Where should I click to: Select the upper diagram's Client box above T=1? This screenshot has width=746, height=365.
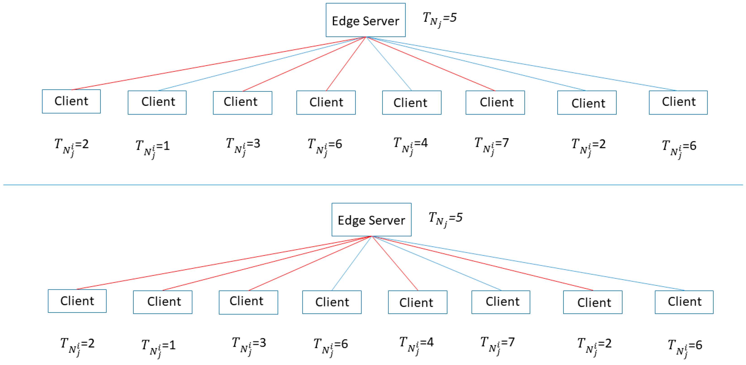click(x=157, y=102)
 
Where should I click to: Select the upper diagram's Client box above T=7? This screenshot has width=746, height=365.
click(x=495, y=102)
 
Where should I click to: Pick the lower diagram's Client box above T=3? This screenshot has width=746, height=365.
click(x=248, y=302)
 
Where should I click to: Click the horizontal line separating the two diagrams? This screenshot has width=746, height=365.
click(x=373, y=185)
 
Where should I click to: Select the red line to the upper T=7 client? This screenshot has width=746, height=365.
click(x=431, y=64)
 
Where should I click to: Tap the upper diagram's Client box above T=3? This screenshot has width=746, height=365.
click(x=242, y=103)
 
